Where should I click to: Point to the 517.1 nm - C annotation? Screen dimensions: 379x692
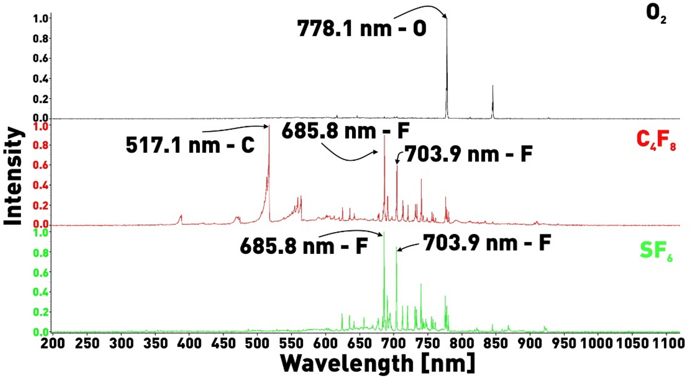[x=190, y=145]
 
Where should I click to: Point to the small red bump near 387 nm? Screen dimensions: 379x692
[x=180, y=217]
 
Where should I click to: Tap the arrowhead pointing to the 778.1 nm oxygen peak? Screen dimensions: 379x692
[x=445, y=18]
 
